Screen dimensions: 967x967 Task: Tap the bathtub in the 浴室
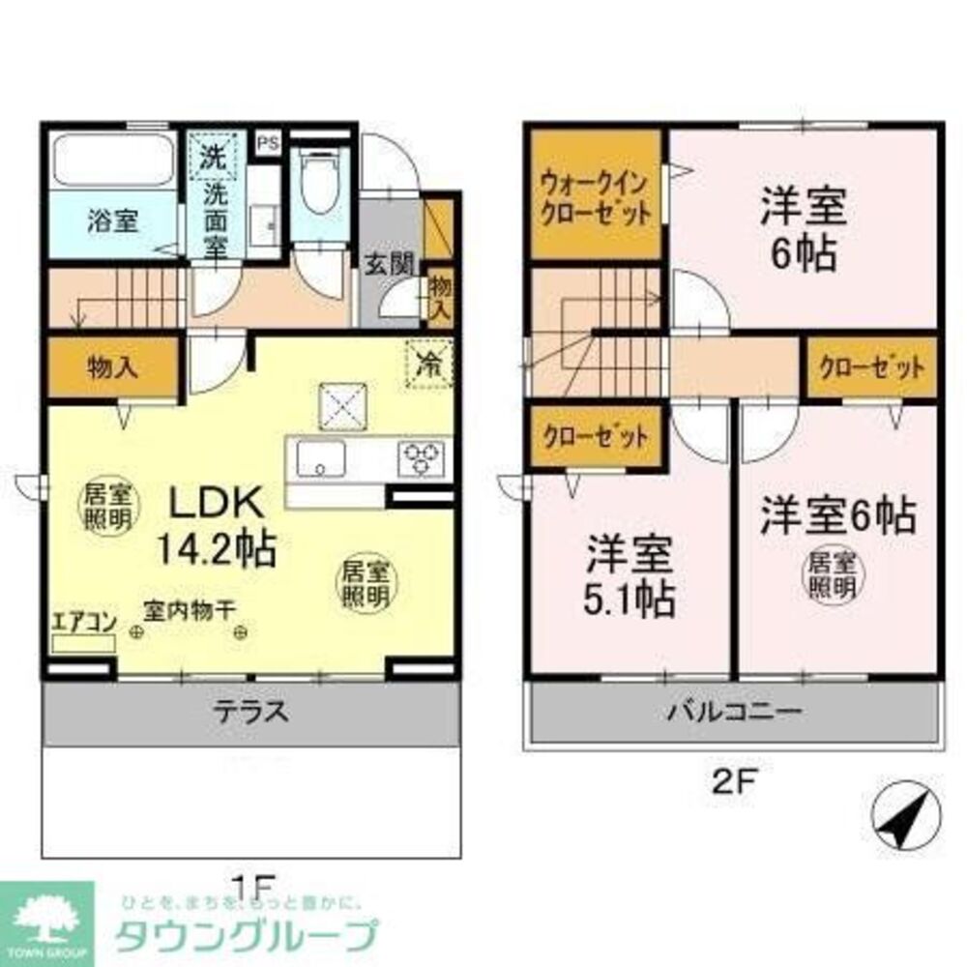click(112, 161)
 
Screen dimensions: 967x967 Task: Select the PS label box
click(268, 141)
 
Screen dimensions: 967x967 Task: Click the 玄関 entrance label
click(390, 262)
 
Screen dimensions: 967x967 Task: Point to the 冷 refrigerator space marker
click(427, 365)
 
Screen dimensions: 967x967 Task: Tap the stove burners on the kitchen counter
click(422, 456)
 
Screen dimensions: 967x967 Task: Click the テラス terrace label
click(250, 712)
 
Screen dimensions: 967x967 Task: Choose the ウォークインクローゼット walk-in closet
click(595, 195)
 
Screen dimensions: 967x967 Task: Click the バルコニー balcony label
click(732, 714)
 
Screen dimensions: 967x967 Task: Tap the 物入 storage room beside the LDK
click(111, 366)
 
